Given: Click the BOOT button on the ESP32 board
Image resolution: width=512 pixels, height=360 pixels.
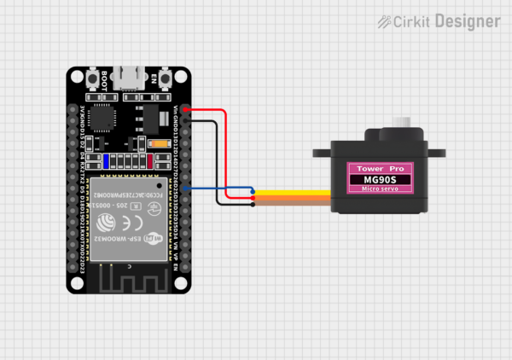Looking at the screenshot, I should coord(91,80).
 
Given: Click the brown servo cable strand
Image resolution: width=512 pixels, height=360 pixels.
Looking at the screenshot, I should coord(290,204).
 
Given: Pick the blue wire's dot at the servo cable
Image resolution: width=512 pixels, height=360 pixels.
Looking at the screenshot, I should coord(253,190).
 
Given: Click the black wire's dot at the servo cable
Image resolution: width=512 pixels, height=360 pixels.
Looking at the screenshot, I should coord(253,204).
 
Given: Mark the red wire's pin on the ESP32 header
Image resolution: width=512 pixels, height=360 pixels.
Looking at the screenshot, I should coord(188,110).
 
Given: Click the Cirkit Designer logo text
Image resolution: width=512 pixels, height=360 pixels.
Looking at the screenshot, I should coord(439,20).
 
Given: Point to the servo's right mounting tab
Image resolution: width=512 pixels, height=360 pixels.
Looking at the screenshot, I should coord(437,154).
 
